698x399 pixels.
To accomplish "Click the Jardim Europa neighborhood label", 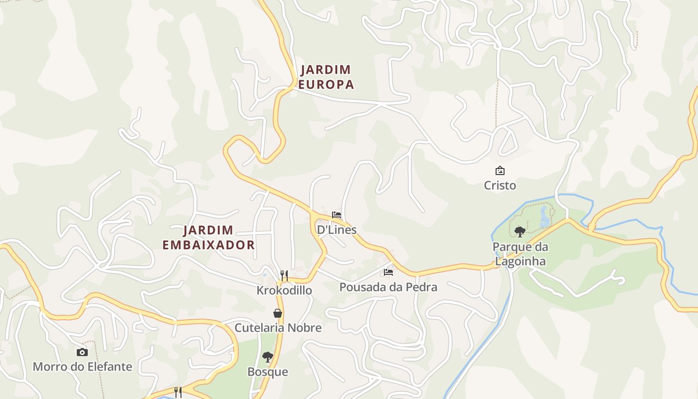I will tap(326, 77).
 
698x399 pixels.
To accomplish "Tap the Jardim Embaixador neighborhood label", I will tap(208, 237).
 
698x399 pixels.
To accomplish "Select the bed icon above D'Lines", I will tap(337, 215).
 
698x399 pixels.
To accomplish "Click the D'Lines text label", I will tap(337, 229).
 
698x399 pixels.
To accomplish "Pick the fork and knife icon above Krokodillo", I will tap(284, 275).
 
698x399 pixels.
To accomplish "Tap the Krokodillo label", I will tap(284, 290).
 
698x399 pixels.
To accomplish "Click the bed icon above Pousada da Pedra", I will tap(388, 272).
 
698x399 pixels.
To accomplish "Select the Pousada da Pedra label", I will tap(388, 287).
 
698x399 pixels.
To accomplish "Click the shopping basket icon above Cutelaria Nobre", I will tap(278, 313).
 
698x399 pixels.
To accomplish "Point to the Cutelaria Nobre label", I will tap(278, 328).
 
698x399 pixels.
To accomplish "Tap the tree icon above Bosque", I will tap(268, 357).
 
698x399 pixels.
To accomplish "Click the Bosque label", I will tap(268, 372).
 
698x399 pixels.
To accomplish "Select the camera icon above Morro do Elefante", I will tap(82, 352).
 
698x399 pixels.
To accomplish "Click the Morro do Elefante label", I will tap(82, 367).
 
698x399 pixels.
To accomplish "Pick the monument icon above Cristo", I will tap(500, 171).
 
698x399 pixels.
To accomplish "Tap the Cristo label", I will tap(500, 186).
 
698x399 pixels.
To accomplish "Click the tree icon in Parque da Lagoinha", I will tap(520, 231).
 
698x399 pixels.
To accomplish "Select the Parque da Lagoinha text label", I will tap(520, 254).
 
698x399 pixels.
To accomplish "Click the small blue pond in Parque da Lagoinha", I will tap(544, 217).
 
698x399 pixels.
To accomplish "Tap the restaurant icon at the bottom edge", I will tap(177, 393).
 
